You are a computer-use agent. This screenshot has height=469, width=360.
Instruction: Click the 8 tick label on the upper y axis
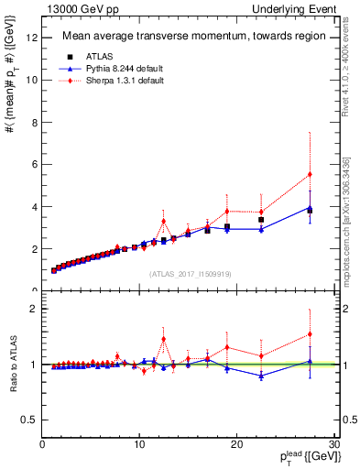(34, 122)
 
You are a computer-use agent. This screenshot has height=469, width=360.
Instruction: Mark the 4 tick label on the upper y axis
(34, 207)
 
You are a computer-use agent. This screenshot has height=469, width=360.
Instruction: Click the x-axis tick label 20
(236, 444)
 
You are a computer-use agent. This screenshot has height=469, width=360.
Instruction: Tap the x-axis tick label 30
(333, 444)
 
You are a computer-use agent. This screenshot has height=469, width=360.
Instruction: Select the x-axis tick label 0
(43, 444)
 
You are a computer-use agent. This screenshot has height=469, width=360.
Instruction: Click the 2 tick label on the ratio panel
(34, 309)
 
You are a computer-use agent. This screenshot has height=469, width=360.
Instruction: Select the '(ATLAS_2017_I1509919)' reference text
(189, 273)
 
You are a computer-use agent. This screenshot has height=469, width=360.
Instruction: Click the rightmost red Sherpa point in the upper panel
(310, 174)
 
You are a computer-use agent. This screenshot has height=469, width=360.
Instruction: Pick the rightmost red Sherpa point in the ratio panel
(310, 334)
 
